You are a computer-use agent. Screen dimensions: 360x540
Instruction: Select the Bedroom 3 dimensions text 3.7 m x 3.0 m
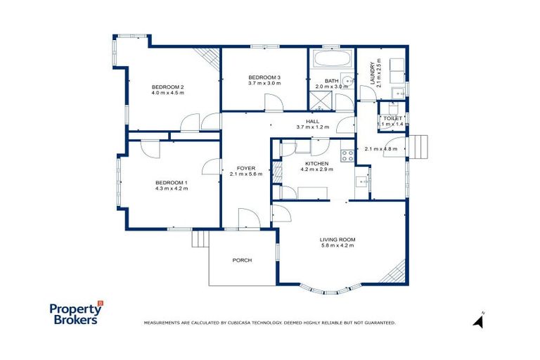(x=264, y=83)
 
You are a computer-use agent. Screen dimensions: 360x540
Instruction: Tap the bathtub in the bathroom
(x=331, y=58)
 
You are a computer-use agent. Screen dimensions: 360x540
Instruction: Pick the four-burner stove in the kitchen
(x=347, y=156)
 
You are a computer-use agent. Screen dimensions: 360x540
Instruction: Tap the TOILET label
(x=392, y=118)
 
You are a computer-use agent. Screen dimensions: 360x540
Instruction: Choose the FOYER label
(x=245, y=168)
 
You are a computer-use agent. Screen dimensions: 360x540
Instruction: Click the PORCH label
(x=242, y=260)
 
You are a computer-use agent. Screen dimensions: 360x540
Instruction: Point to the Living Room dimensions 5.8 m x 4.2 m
(x=337, y=246)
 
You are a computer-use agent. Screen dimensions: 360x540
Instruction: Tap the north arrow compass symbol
(x=479, y=321)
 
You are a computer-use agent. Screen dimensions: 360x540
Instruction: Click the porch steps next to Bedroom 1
(x=200, y=239)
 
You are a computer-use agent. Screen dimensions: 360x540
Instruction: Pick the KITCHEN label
(x=316, y=163)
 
